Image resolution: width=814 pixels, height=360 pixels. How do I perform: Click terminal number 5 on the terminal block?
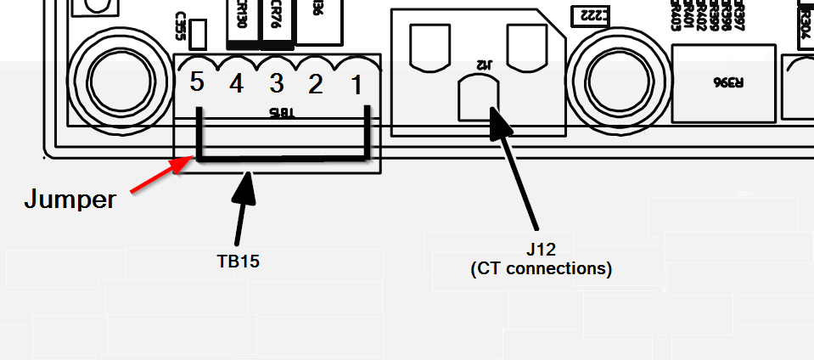click(x=197, y=82)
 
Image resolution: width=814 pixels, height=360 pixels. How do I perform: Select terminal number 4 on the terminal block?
click(x=237, y=83)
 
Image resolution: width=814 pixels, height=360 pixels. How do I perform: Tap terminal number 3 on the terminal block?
click(x=277, y=83)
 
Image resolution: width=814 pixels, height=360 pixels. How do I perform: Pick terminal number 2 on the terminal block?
click(x=316, y=83)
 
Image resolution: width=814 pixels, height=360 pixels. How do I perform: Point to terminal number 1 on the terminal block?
click(x=356, y=83)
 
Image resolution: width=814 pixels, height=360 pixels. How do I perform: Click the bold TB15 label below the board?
click(x=238, y=262)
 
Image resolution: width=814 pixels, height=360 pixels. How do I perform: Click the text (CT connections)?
click(x=541, y=269)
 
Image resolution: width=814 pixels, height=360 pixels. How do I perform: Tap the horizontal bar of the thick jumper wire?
click(x=283, y=159)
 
